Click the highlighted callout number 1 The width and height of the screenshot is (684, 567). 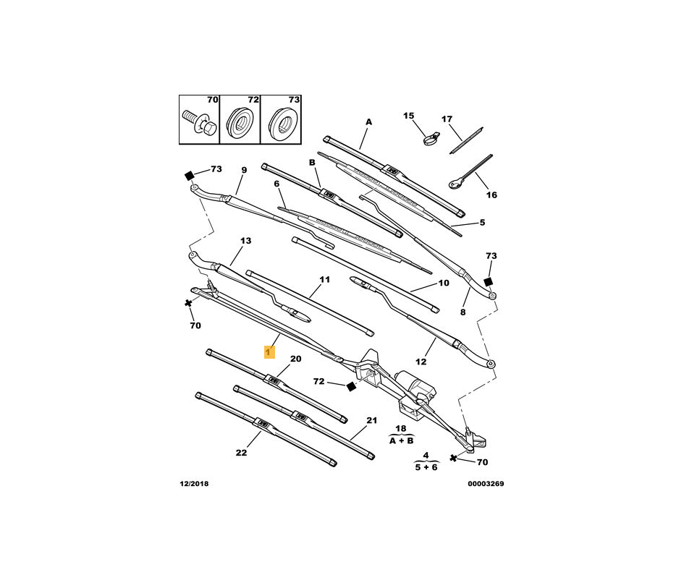pyautogui.click(x=269, y=351)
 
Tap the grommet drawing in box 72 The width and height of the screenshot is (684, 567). pyautogui.click(x=240, y=122)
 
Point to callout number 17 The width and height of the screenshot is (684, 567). pyautogui.click(x=447, y=119)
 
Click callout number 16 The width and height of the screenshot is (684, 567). pyautogui.click(x=491, y=195)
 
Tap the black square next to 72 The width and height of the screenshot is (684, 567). pyautogui.click(x=351, y=387)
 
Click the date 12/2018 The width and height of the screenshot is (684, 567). pyautogui.click(x=194, y=484)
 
